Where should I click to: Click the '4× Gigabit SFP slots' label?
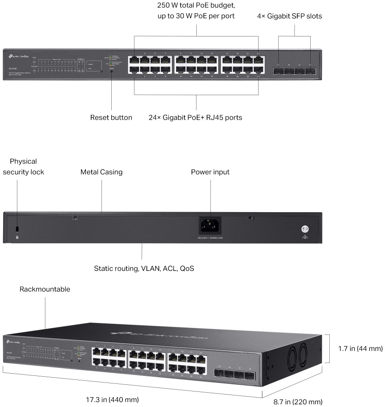289,16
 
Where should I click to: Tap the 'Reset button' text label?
111,118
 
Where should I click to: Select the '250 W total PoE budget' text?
196,6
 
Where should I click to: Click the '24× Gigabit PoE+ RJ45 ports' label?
195,118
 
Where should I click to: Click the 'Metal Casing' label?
101,172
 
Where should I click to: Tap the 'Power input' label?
210,172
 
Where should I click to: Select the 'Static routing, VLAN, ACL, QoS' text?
144,269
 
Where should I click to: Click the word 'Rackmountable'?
45,289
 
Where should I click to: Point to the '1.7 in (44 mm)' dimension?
356,349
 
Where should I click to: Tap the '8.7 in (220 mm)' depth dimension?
298,402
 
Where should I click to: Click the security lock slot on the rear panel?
17,229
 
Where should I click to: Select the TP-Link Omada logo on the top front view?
18,56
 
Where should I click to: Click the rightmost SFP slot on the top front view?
309,70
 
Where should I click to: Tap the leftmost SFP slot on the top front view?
278,70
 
